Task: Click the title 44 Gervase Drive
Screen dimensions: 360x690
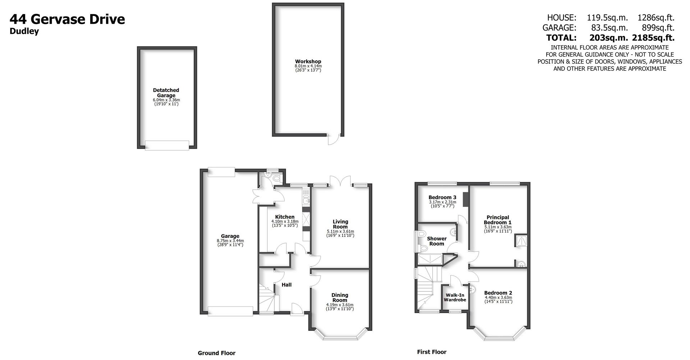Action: pos(67,19)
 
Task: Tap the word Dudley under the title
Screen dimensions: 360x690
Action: pos(24,31)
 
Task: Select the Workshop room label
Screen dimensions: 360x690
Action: pos(308,61)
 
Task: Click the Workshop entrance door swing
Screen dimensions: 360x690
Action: pos(333,140)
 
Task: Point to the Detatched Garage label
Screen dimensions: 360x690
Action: pos(166,93)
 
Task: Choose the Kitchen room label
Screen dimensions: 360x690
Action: pos(285,217)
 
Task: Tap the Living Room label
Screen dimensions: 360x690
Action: pos(340,224)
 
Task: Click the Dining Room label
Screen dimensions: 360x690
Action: pos(340,297)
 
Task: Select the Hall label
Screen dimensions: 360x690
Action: pos(286,285)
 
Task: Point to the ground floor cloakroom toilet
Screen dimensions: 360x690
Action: pos(276,178)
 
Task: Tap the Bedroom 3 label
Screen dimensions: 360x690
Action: pos(442,197)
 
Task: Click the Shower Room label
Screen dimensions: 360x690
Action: pos(437,241)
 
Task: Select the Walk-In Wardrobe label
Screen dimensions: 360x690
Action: pos(455,297)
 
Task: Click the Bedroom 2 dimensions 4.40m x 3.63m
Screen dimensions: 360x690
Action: pos(498,297)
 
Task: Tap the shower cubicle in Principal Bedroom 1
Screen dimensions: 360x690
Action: pos(521,241)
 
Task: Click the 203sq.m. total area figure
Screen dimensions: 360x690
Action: pos(608,37)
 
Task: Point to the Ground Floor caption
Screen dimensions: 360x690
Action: pos(216,353)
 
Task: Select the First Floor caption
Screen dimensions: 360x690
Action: pos(432,352)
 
